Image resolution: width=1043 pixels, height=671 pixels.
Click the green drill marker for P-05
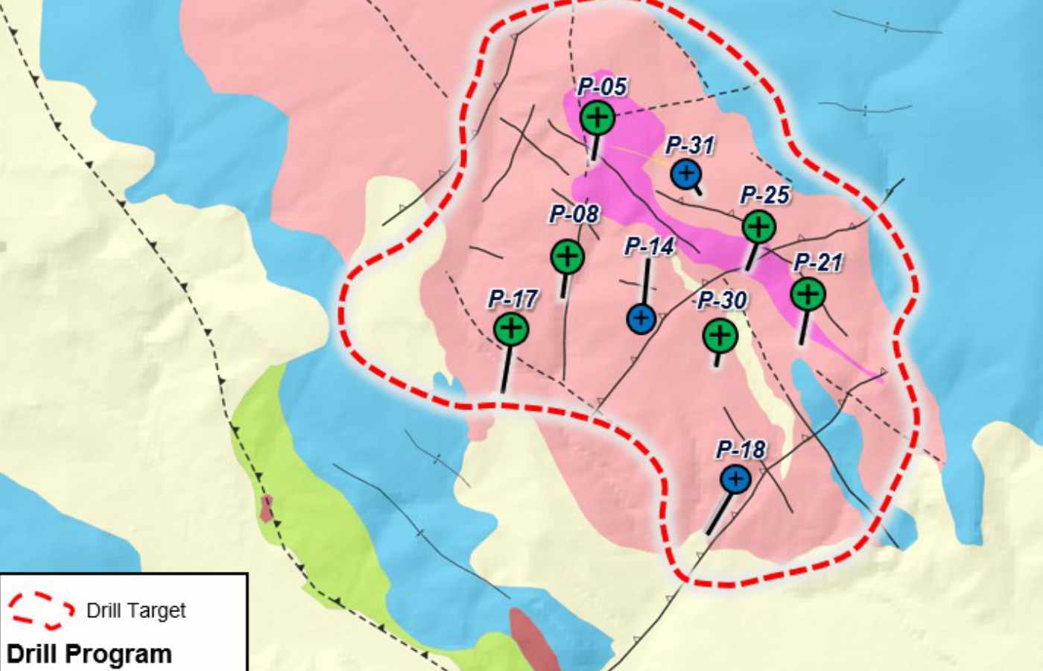(597, 117)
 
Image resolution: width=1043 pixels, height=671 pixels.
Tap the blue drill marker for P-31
(685, 174)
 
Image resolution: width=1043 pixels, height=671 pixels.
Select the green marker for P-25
(758, 225)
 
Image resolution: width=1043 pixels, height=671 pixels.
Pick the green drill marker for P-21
(808, 294)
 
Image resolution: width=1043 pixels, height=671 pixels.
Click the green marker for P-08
(567, 256)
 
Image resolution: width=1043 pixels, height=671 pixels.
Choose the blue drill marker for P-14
(641, 319)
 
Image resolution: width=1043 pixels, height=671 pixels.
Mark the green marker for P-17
(511, 328)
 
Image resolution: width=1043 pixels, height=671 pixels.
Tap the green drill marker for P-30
(720, 335)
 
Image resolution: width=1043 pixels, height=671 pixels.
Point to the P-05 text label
(602, 86)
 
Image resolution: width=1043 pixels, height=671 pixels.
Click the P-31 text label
(690, 145)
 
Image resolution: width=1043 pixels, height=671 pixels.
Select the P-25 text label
(764, 195)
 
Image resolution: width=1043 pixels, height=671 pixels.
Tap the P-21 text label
(817, 262)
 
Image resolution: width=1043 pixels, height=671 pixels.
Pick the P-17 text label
(513, 300)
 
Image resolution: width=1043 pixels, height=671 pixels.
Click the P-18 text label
(741, 450)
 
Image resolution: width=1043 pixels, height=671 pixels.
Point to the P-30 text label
(722, 301)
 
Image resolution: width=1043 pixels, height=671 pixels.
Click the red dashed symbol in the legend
(41, 611)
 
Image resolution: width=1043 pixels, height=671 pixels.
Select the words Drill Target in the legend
(136, 611)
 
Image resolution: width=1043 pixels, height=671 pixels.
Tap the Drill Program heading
(89, 654)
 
